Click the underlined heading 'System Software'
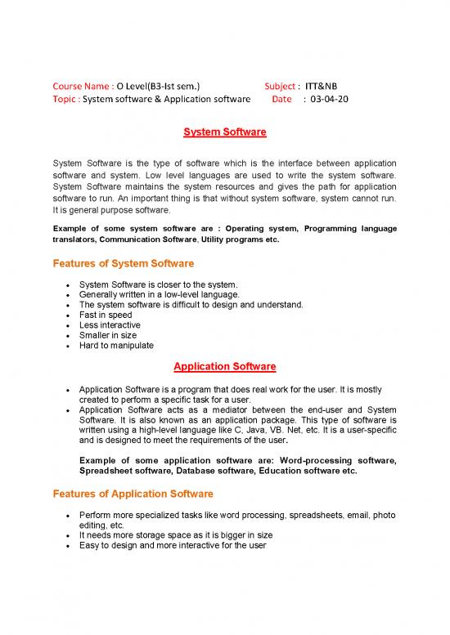click(224, 132)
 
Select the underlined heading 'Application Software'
click(224, 366)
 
